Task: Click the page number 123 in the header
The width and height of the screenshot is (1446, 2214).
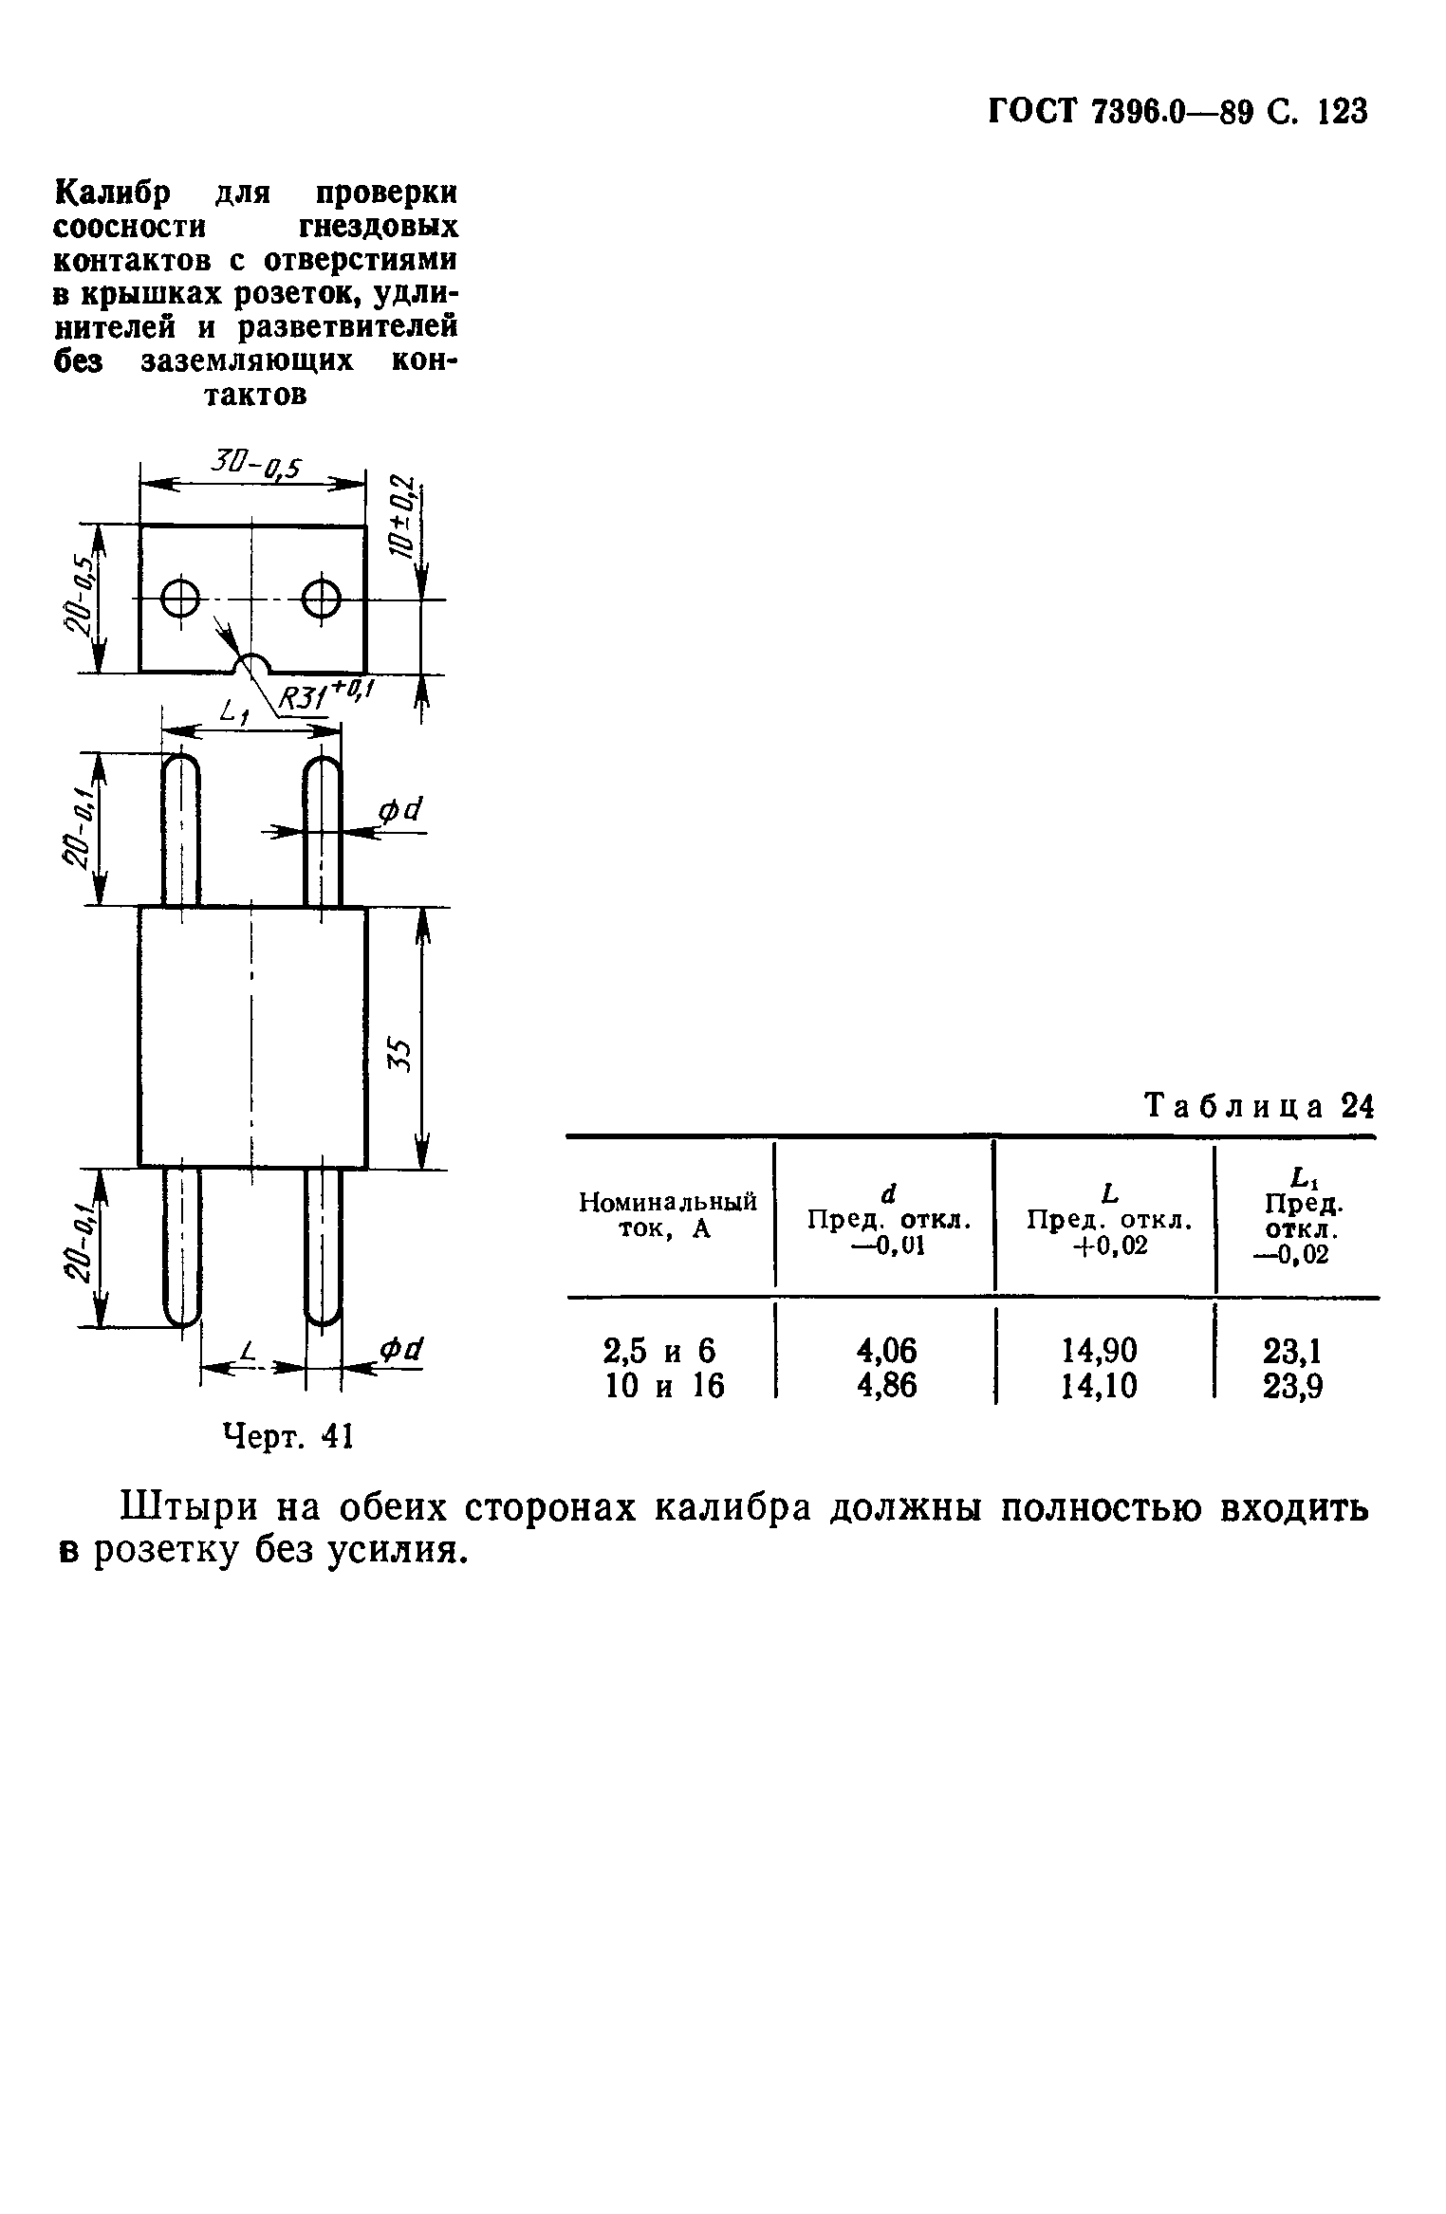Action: [x=1342, y=112]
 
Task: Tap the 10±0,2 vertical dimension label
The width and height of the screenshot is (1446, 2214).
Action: [x=405, y=517]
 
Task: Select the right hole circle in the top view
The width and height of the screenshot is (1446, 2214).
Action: [x=321, y=599]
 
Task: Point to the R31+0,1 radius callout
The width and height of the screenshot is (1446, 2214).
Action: [x=326, y=697]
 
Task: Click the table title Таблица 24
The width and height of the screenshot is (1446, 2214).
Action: [x=1259, y=1106]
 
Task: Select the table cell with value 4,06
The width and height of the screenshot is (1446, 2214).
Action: [x=887, y=1349]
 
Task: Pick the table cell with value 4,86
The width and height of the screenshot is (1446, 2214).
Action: [x=887, y=1386]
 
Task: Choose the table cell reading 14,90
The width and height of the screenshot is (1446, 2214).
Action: [x=1103, y=1349]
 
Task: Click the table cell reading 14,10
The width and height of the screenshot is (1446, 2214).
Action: [x=1103, y=1386]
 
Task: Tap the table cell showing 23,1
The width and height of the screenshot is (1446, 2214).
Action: [x=1292, y=1349]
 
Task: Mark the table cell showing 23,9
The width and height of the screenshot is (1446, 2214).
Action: [x=1292, y=1387]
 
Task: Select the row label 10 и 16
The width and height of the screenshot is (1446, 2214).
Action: [x=665, y=1386]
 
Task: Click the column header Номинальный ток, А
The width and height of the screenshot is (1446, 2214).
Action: [x=667, y=1215]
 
